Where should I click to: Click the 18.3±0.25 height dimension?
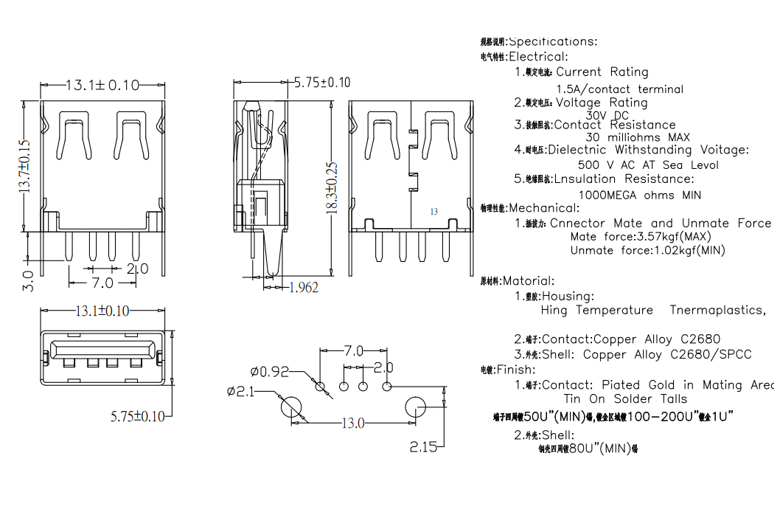pos(332,187)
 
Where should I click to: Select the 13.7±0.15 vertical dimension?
pos(24,166)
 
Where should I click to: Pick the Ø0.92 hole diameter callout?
pos(269,371)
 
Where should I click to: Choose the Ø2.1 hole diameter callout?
pos(240,392)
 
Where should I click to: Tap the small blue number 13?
pos(434,212)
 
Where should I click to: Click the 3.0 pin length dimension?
pos(28,280)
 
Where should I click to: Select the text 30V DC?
pos(607,115)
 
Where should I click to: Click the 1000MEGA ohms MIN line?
pos(639,196)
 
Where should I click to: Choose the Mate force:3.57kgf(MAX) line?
pos(640,237)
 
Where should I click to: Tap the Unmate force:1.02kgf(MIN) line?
pos(647,250)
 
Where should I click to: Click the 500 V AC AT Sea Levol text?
pos(648,165)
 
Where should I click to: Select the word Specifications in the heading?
pos(553,41)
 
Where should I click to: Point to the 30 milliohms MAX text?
pos(638,137)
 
